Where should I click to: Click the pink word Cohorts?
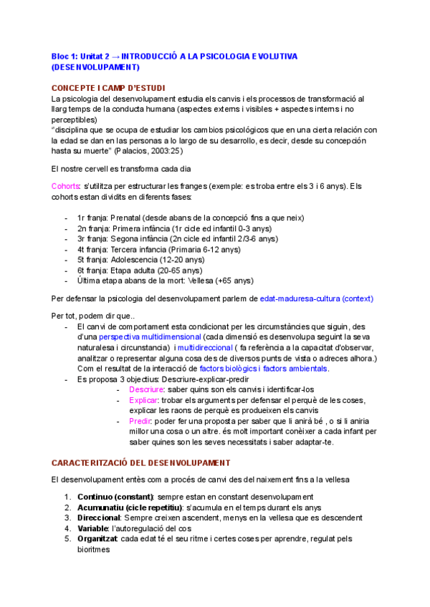click(66, 187)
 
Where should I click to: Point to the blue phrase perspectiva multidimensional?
click(150, 336)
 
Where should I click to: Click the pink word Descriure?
click(146, 389)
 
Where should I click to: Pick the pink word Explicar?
click(145, 401)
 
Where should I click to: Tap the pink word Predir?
click(141, 422)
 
